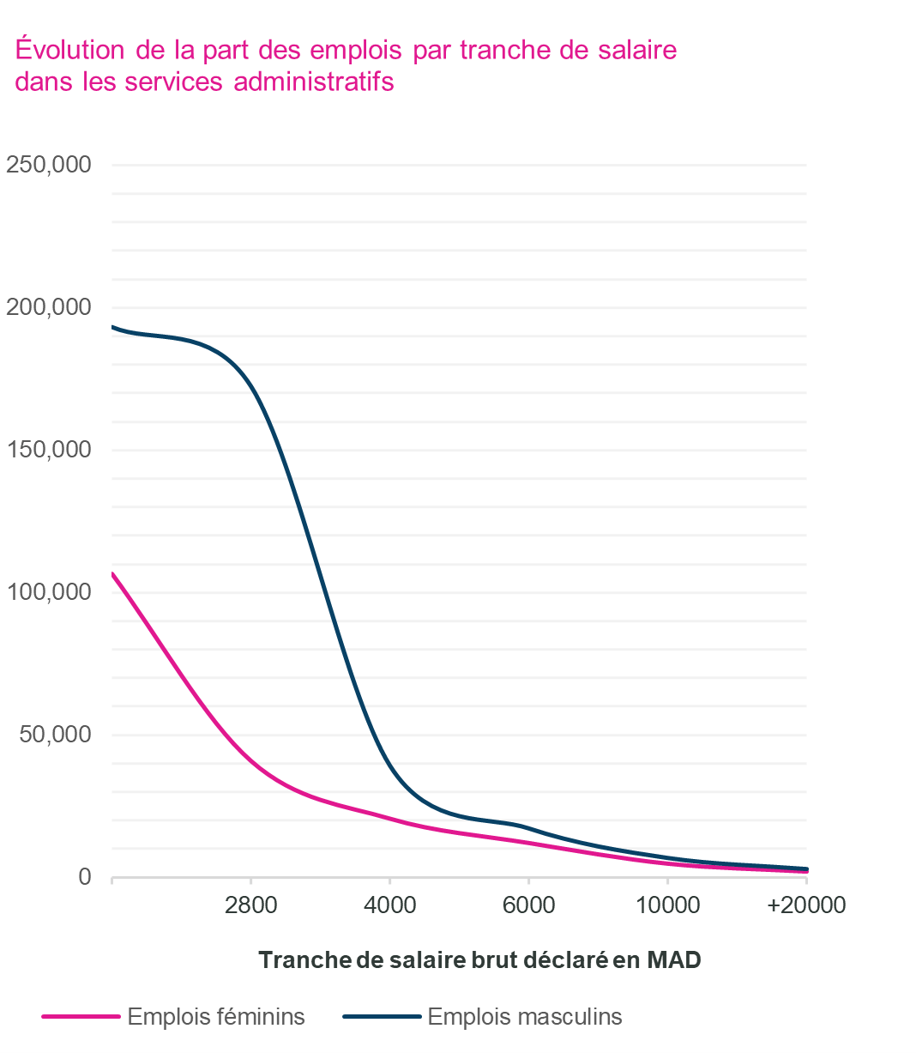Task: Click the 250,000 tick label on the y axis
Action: [x=49, y=165]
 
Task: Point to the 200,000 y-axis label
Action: [x=49, y=307]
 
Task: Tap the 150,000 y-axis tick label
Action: [x=49, y=450]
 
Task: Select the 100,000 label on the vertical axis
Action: [x=49, y=592]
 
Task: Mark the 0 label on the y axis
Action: [x=85, y=877]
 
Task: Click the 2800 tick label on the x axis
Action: [x=250, y=905]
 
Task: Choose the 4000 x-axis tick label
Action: [x=389, y=905]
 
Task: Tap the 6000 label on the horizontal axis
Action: [x=528, y=905]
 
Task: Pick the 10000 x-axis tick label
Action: [x=667, y=905]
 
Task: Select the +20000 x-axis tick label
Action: [x=806, y=905]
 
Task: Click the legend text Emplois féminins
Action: [x=216, y=1017]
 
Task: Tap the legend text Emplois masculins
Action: [x=525, y=1017]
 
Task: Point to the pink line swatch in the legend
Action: [x=81, y=1017]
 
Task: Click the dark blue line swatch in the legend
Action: [x=382, y=1017]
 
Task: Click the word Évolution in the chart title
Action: [x=70, y=50]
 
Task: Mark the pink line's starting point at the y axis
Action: [x=112, y=573]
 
